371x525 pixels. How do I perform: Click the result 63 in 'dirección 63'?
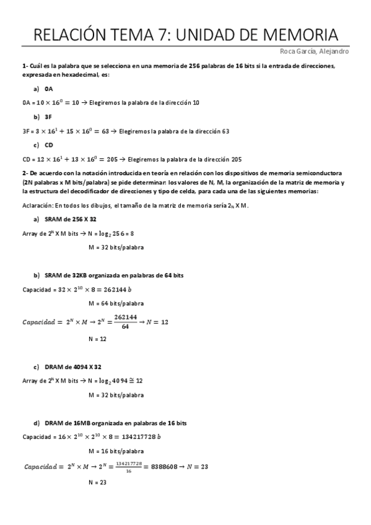click(x=225, y=131)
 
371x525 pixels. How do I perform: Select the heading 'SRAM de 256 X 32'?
click(x=71, y=219)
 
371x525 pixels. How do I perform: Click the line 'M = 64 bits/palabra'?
click(x=116, y=303)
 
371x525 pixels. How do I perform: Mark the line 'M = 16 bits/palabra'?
click(x=116, y=451)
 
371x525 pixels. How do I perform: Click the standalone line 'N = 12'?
click(x=98, y=339)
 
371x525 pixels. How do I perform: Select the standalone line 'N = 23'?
click(x=98, y=481)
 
